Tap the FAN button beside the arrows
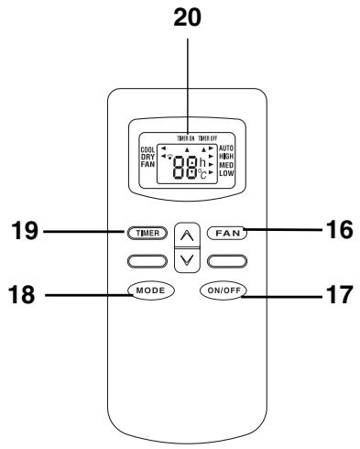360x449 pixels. tap(224, 233)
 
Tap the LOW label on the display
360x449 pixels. tap(225, 172)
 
